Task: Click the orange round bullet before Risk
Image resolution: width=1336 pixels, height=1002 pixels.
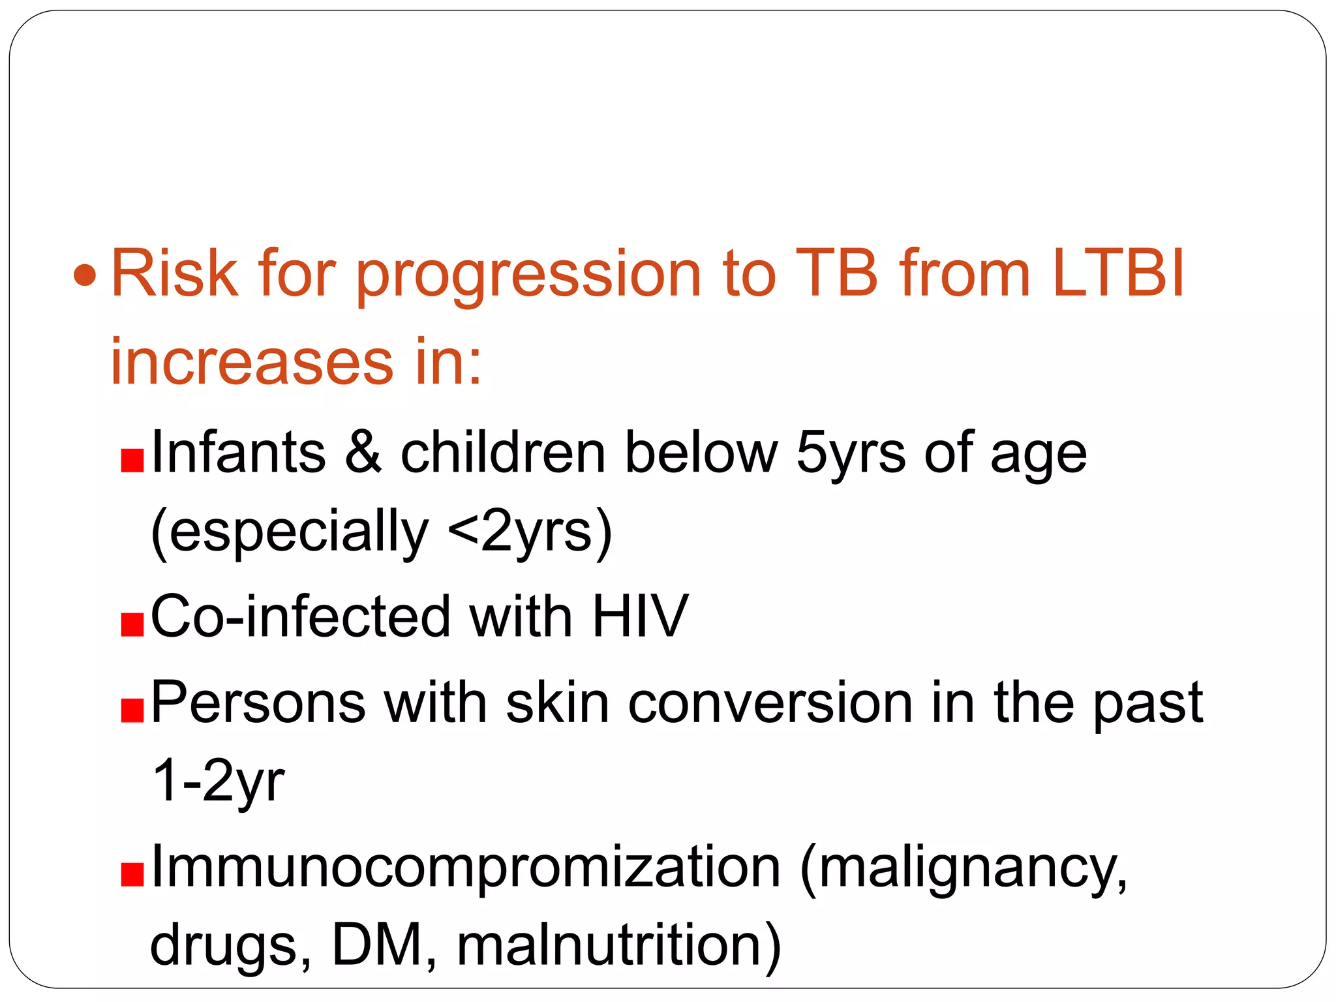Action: pos(85,276)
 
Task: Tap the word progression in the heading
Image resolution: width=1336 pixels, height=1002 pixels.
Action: pos(528,277)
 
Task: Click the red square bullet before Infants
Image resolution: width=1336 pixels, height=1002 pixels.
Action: pos(132,461)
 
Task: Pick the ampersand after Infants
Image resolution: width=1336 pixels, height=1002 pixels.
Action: pos(363,453)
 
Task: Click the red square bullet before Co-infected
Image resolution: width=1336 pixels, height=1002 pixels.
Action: pos(132,624)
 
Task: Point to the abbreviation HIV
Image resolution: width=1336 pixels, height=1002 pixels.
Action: pos(639,616)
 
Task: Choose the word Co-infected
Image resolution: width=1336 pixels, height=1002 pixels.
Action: pos(301,616)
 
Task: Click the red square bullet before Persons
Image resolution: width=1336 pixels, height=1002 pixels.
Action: pos(132,711)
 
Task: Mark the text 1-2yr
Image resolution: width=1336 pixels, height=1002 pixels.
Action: pos(218,782)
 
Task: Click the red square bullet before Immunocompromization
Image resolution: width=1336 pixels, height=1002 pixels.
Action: pos(132,875)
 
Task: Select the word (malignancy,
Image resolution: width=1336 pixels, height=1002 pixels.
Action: pos(964,870)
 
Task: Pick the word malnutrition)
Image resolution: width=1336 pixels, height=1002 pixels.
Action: pos(618,947)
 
